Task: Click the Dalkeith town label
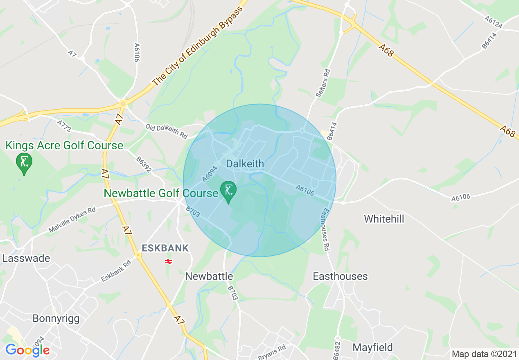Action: pyautogui.click(x=245, y=164)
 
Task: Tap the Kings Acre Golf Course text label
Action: pyautogui.click(x=64, y=146)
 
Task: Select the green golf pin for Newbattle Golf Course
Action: pyautogui.click(x=228, y=191)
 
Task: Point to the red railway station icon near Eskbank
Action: pyautogui.click(x=168, y=261)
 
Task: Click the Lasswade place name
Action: pyautogui.click(x=26, y=259)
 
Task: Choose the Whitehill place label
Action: pyautogui.click(x=384, y=219)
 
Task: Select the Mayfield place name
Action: pyautogui.click(x=373, y=348)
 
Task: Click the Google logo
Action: pyautogui.click(x=27, y=350)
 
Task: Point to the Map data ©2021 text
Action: pyautogui.click(x=482, y=354)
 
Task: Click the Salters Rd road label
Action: pyautogui.click(x=323, y=83)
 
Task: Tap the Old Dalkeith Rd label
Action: pyautogui.click(x=166, y=131)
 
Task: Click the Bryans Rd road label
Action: pyautogui.click(x=272, y=352)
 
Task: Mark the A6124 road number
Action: pyautogui.click(x=493, y=22)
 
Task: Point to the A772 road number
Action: pyautogui.click(x=64, y=126)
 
